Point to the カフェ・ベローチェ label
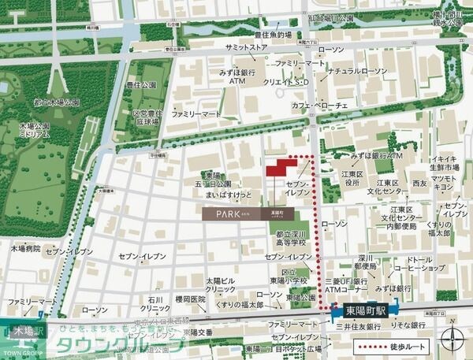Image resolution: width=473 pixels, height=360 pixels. point(319,106)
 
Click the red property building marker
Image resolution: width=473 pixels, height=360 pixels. point(281,168)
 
